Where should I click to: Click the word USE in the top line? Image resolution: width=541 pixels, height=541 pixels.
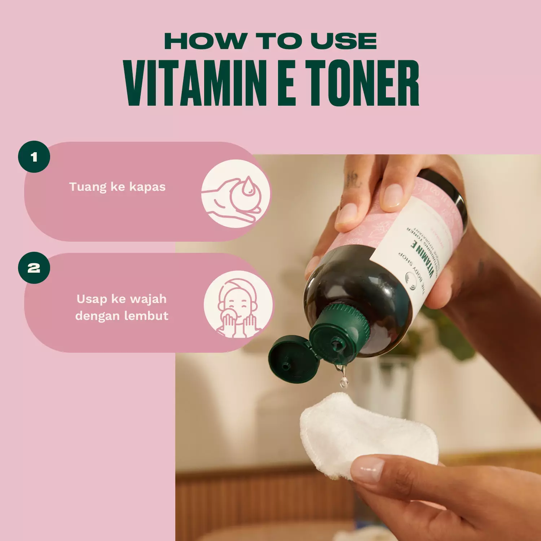[344, 41]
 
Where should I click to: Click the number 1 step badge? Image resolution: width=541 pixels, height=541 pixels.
[34, 157]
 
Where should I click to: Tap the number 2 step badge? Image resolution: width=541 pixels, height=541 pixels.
[34, 268]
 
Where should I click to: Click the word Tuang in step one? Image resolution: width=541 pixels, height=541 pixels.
[88, 187]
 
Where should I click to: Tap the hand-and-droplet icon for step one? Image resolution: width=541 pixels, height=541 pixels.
[236, 194]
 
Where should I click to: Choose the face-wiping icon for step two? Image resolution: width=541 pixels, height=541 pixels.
[238, 305]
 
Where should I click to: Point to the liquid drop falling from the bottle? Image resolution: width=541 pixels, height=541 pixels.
[344, 381]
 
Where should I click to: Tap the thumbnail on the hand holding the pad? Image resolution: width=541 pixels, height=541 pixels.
[368, 469]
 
